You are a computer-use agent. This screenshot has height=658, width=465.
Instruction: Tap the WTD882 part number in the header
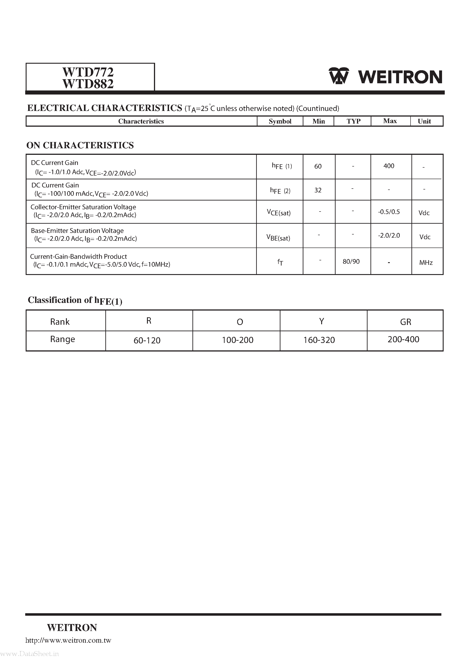point(88,84)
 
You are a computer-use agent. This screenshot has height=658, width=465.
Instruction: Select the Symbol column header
point(280,121)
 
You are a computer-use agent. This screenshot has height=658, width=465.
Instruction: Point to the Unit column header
point(424,121)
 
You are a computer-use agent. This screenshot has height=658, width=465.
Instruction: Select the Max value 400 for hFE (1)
point(389,166)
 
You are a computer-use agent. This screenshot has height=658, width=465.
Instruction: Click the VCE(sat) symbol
point(279,213)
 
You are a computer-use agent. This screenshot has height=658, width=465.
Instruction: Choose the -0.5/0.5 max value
point(389,212)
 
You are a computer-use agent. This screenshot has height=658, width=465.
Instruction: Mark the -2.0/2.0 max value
point(389,236)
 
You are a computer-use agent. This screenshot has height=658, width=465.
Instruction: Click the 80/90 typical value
point(351,261)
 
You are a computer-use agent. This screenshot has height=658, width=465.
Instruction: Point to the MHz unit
point(426,263)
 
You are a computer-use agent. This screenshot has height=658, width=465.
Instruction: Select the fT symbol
point(280,262)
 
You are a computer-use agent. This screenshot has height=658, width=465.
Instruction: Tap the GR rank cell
point(405,322)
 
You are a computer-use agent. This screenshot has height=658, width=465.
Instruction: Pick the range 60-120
point(147,340)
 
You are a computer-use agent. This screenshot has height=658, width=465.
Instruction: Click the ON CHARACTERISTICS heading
point(80,145)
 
